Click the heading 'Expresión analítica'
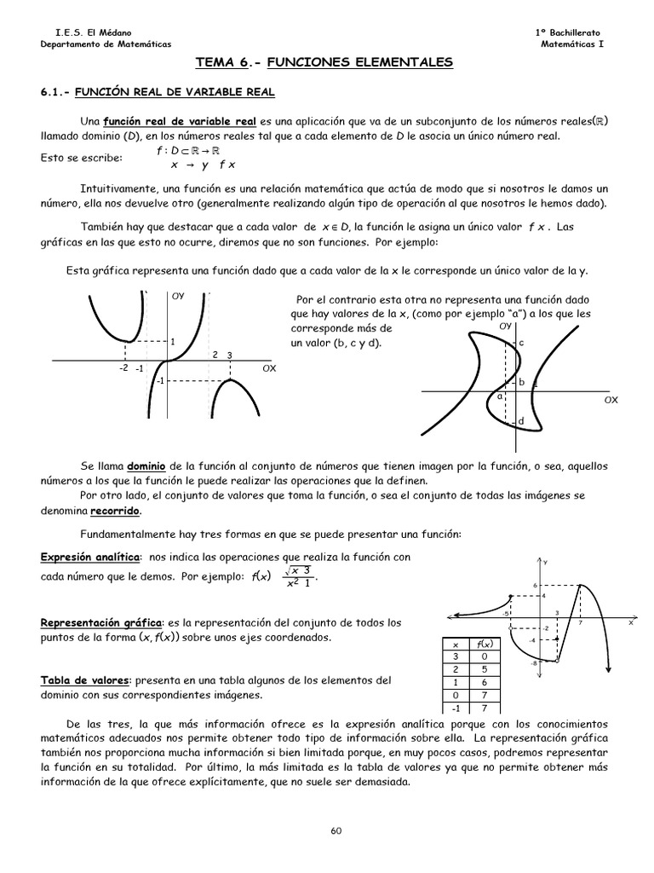(x=91, y=557)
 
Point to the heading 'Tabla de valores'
(x=83, y=679)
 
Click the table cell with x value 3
(x=456, y=656)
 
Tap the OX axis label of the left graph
(x=269, y=367)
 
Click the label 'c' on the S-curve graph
(x=521, y=342)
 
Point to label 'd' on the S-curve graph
(x=520, y=422)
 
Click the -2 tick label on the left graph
(x=123, y=368)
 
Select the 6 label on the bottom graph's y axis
(x=536, y=585)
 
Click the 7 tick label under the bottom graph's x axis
(x=580, y=623)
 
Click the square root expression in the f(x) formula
(x=297, y=570)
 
